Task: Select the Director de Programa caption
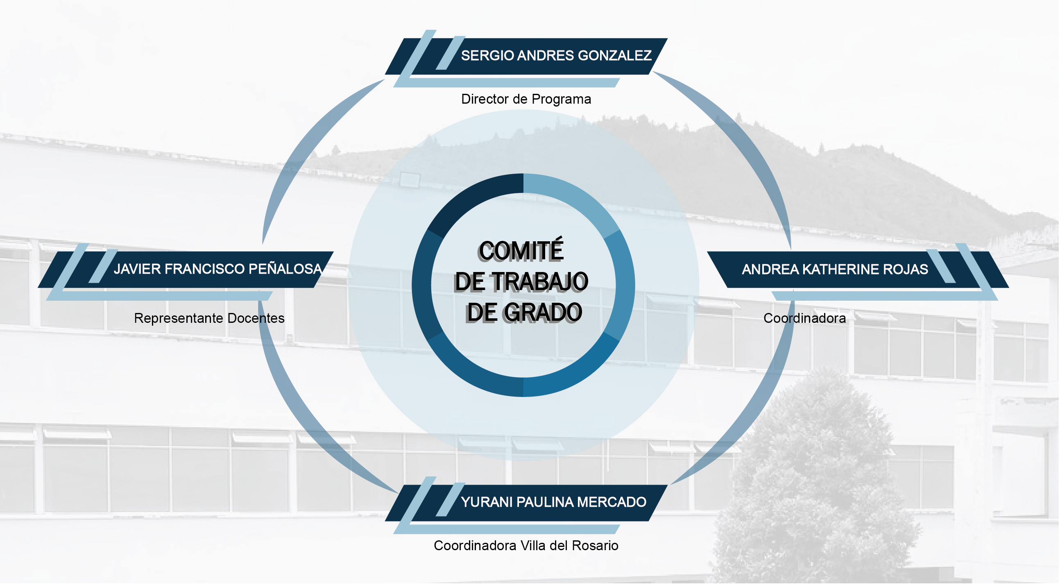[526, 99]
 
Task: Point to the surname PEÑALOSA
[285, 269]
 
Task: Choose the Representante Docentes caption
[209, 319]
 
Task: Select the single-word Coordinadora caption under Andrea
[805, 319]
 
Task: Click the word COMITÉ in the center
[521, 251]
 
